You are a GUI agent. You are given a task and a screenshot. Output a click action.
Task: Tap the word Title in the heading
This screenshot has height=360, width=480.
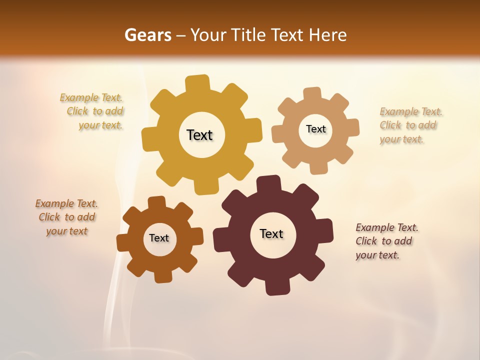click(x=247, y=35)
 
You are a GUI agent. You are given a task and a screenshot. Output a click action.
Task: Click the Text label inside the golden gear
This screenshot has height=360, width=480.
click(x=199, y=135)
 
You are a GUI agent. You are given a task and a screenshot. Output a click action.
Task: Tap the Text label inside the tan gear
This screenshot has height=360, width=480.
click(x=315, y=129)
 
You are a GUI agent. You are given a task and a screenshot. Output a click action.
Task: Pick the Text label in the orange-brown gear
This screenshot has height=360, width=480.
click(x=159, y=238)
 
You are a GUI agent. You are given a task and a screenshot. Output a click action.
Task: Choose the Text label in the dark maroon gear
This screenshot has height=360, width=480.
click(x=271, y=233)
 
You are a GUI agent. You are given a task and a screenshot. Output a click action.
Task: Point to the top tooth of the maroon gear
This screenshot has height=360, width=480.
click(x=268, y=183)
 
